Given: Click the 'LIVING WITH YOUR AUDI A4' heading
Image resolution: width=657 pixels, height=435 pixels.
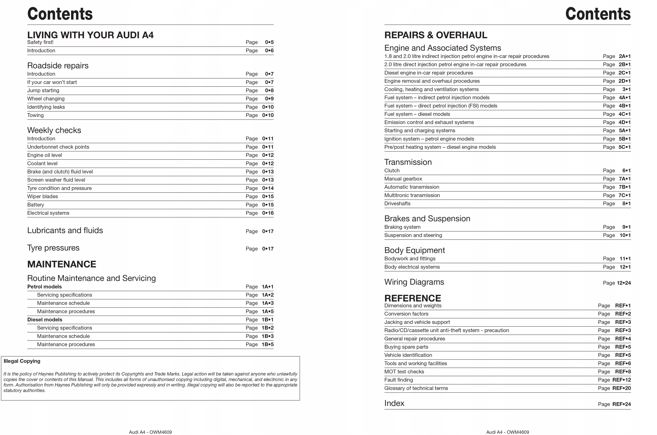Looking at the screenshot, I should pyautogui.click(x=90, y=35).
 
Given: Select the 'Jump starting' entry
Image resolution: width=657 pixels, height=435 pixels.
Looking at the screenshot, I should pyautogui.click(x=43, y=90).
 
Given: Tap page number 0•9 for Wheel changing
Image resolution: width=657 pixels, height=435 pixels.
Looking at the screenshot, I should pyautogui.click(x=269, y=99).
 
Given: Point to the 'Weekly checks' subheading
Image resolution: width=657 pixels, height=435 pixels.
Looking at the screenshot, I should pyautogui.click(x=54, y=130).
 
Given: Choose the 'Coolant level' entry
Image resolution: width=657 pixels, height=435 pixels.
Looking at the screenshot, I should pyautogui.click(x=42, y=163).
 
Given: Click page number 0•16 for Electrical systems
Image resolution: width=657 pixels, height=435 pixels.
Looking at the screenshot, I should pyautogui.click(x=267, y=213).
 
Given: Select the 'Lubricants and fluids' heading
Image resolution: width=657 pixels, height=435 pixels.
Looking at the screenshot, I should pyautogui.click(x=65, y=230).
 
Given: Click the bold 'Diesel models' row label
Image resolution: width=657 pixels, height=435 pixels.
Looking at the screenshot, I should pyautogui.click(x=45, y=320).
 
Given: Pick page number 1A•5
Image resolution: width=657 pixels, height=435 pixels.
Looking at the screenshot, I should pyautogui.click(x=267, y=311).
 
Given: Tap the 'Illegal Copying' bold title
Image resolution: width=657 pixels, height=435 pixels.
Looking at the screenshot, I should pyautogui.click(x=22, y=361).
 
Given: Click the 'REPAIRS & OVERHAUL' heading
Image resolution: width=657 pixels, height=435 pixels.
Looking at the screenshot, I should pyautogui.click(x=435, y=35).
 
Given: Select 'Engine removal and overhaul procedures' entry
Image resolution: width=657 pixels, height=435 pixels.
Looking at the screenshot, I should pyautogui.click(x=432, y=81).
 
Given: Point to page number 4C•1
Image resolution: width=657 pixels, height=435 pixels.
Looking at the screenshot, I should pyautogui.click(x=624, y=114).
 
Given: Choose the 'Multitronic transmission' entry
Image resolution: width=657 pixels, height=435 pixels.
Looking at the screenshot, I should pyautogui.click(x=412, y=195).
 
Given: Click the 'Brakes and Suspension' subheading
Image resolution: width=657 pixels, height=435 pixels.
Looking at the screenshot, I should pyautogui.click(x=427, y=219).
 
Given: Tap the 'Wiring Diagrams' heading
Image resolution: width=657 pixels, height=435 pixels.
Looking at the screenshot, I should pyautogui.click(x=414, y=282).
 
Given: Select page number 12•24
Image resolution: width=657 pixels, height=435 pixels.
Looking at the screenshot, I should pyautogui.click(x=623, y=283).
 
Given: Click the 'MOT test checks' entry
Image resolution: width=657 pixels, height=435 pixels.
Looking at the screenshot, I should pyautogui.click(x=404, y=372).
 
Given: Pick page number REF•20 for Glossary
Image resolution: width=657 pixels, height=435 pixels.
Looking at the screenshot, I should pyautogui.click(x=621, y=388).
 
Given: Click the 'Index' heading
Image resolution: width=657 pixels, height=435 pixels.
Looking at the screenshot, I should pyautogui.click(x=394, y=403).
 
